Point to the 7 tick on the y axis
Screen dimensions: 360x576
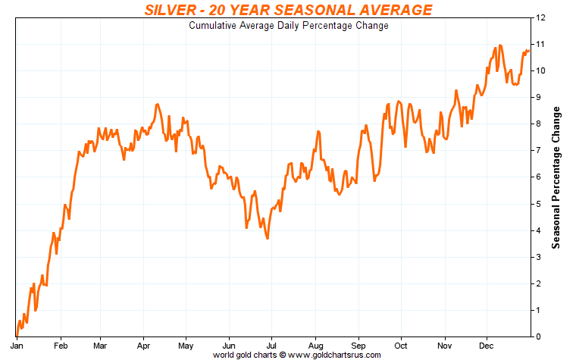[538, 151]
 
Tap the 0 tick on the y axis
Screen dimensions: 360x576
[538, 337]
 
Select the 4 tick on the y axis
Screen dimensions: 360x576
[538, 230]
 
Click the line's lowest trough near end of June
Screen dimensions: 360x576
[268, 239]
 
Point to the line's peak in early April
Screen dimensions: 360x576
[157, 104]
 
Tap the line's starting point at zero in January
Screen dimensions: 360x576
[16, 336]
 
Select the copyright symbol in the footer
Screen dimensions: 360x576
[282, 354]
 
